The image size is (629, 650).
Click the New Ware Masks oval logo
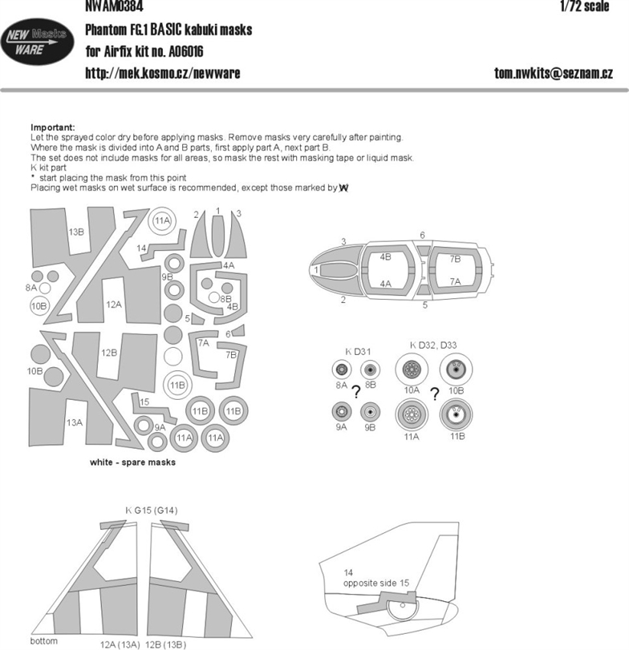point(38,42)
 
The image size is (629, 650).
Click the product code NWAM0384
point(114,6)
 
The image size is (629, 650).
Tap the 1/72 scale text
point(585,6)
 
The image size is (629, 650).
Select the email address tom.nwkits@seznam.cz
point(554,73)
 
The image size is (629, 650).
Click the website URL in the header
point(163,74)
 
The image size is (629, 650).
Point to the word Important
point(53,127)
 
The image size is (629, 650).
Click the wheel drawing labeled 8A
point(342,369)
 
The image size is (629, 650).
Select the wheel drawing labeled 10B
point(456,369)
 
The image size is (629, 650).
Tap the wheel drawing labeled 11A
point(412,414)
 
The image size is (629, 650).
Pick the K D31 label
point(358,352)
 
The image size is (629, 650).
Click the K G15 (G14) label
point(152,511)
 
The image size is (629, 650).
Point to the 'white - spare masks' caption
point(132,462)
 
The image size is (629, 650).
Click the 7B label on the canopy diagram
point(455,259)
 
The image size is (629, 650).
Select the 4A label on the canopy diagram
point(385,284)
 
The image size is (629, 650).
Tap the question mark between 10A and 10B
point(434,394)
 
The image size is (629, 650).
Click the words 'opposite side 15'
point(376,583)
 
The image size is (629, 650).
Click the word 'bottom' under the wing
point(43,641)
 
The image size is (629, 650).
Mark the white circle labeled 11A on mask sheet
point(162,220)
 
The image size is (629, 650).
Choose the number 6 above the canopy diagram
point(422,235)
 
